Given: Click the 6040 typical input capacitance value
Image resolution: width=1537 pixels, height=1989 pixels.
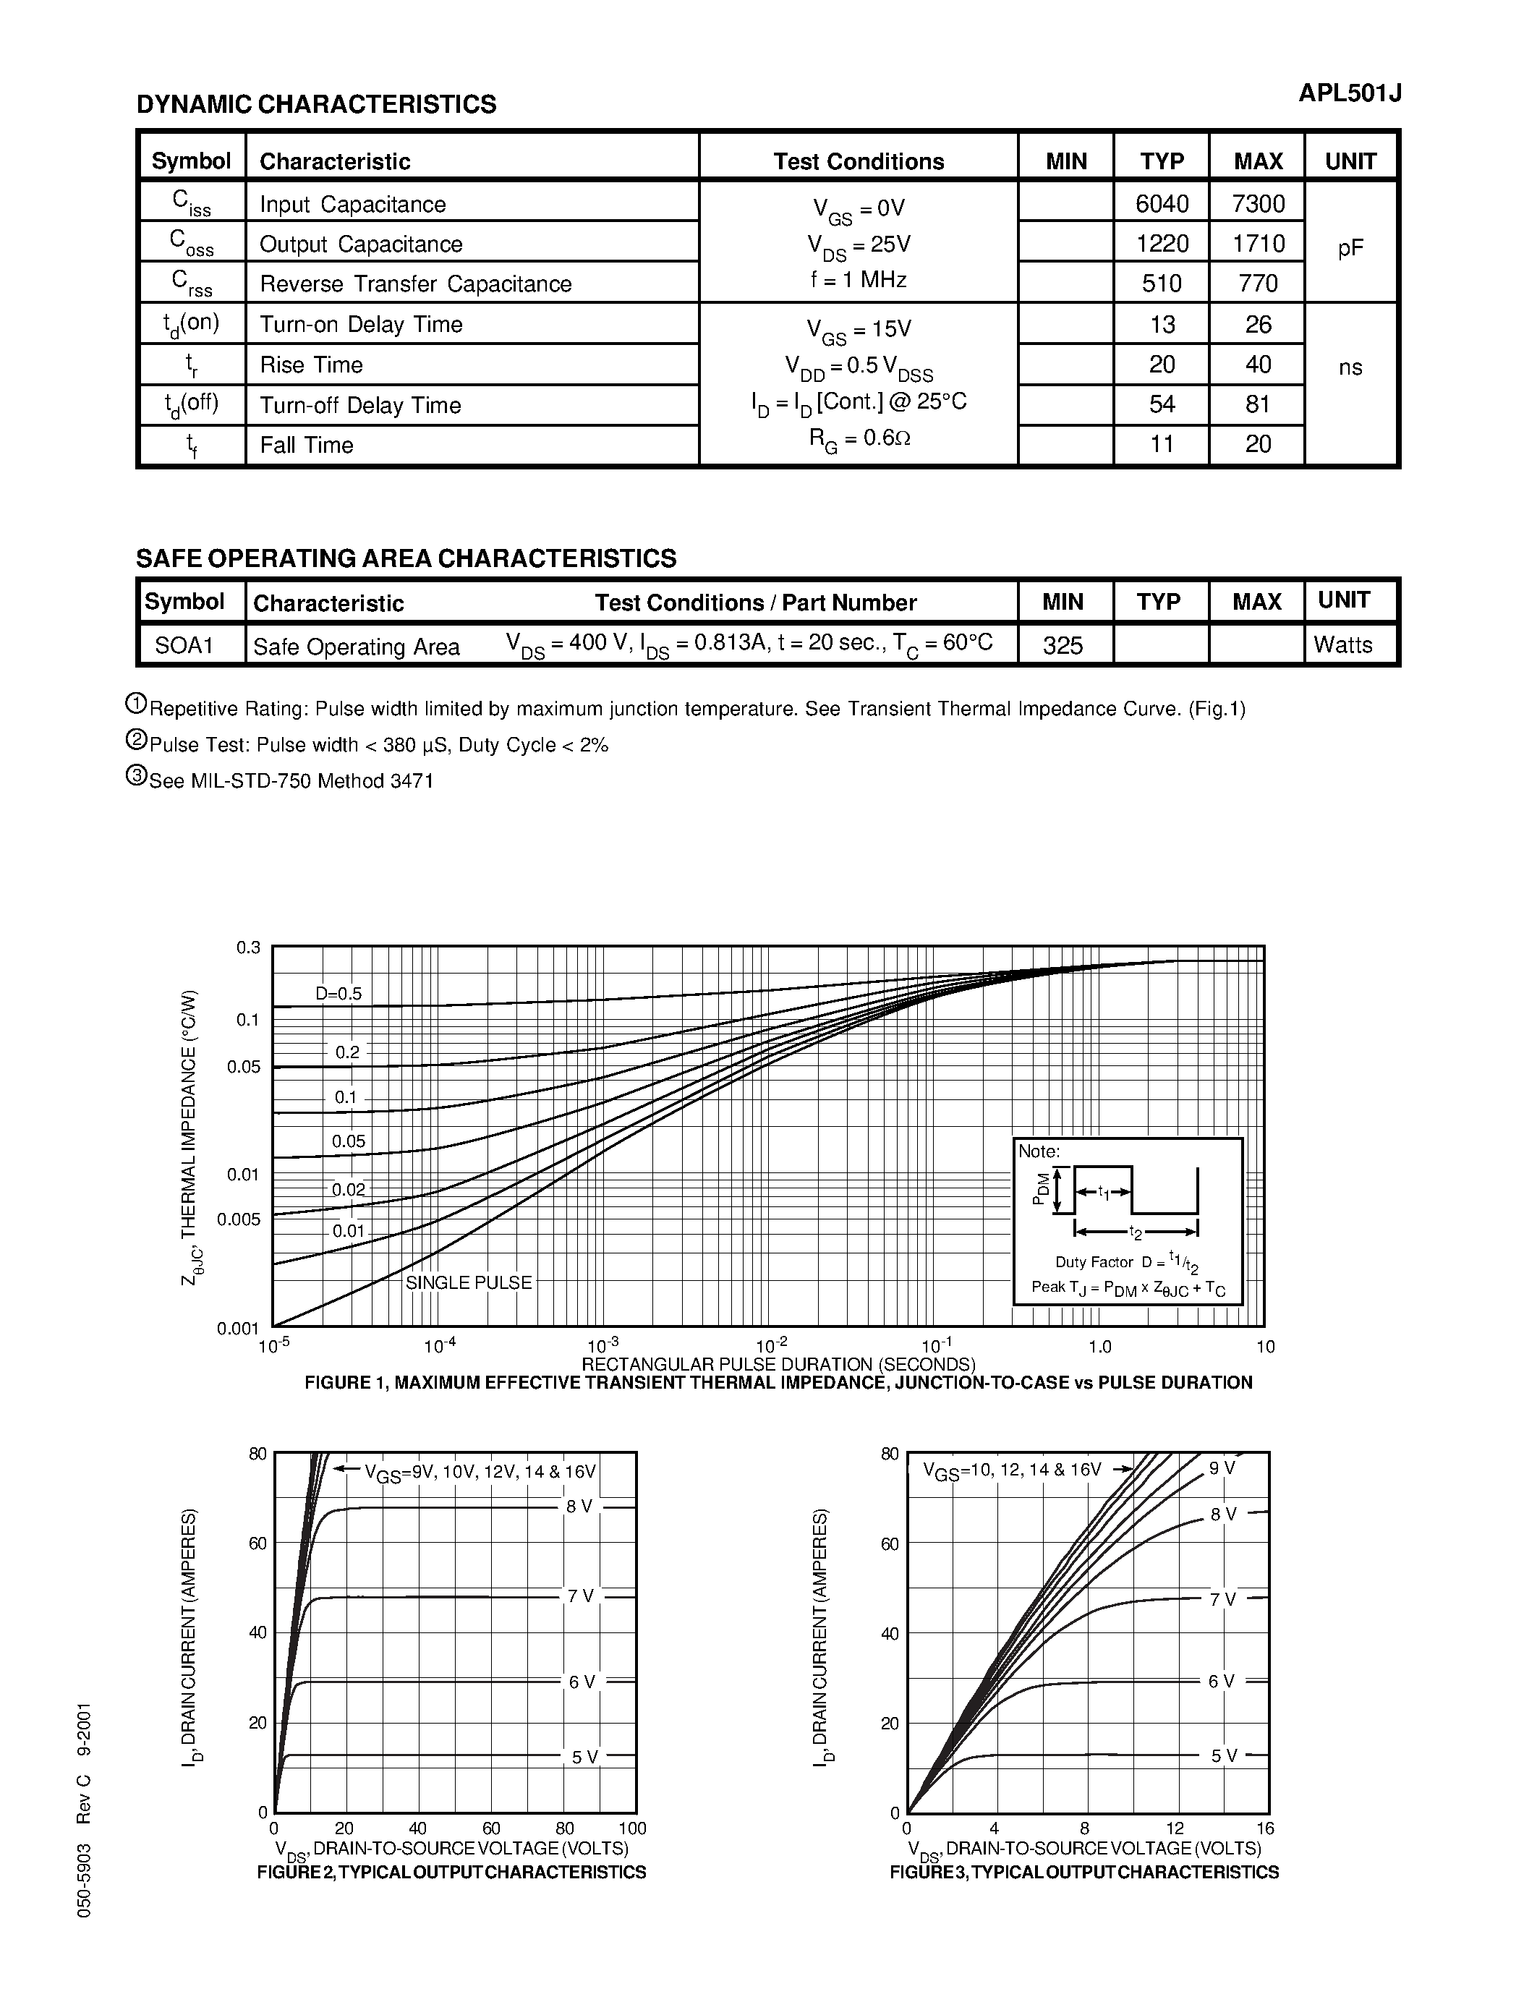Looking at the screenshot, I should (1162, 203).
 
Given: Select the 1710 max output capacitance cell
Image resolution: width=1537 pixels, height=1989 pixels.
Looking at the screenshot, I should (1258, 243).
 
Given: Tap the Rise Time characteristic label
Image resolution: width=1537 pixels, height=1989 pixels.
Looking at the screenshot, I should (312, 365).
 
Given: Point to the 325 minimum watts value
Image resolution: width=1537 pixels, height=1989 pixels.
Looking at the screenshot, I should (1063, 644).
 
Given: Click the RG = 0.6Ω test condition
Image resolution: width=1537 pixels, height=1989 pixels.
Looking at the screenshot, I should (859, 438).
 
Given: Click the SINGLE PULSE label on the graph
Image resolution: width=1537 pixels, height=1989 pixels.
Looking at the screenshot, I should (468, 1282).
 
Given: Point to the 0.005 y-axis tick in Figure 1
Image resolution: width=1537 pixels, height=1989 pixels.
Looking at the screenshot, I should (239, 1219).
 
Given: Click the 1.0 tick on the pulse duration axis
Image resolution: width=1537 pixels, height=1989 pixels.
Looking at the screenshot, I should (1100, 1346).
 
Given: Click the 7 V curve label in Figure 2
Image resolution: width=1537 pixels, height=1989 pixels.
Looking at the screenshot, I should (580, 1596).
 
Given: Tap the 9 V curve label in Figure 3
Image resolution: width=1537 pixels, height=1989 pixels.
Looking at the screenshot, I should (1222, 1468).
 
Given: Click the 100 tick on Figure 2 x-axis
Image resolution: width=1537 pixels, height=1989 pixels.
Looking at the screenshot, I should (632, 1828).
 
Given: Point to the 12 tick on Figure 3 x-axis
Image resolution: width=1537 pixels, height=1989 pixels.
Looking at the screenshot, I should (1175, 1828).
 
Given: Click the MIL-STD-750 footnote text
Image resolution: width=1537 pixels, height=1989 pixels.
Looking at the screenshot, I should (291, 780).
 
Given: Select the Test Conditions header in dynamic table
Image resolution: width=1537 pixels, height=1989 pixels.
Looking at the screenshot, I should (859, 161).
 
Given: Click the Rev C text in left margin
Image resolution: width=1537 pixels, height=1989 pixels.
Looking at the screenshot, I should (84, 1799).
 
